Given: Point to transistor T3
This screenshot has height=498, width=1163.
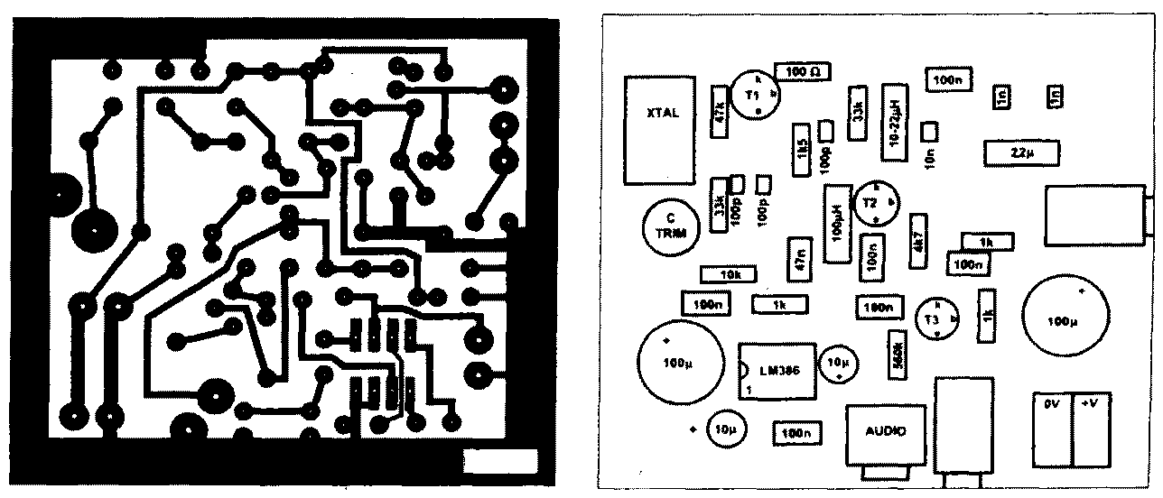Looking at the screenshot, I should pyautogui.click(x=937, y=318).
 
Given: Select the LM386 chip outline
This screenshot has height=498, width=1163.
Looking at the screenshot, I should pyautogui.click(x=777, y=370).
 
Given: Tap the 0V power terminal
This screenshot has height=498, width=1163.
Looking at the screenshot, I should pyautogui.click(x=1052, y=430).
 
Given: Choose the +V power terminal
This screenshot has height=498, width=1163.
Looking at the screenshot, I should pyautogui.click(x=1090, y=430).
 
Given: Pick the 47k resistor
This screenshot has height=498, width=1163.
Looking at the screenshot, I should pyautogui.click(x=721, y=112).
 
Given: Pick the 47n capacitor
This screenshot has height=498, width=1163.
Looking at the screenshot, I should pyautogui.click(x=797, y=260).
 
